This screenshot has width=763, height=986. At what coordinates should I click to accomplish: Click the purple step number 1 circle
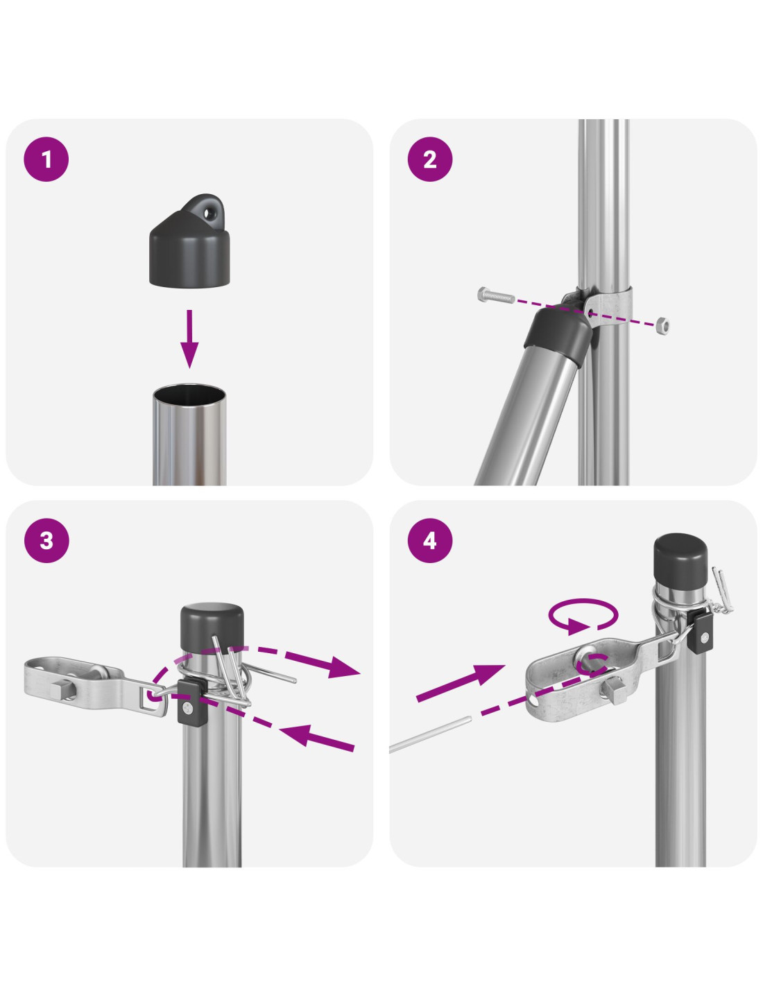coord(46,159)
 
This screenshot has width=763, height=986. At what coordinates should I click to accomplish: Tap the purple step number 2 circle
coord(430,159)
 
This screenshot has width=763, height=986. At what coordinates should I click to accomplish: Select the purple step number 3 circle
coord(46,540)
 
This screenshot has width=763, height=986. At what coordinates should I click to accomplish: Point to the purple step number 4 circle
coord(430,540)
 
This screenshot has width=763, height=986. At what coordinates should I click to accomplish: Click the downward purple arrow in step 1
coord(189,338)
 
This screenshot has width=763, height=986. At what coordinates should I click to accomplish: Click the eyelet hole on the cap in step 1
coord(209,212)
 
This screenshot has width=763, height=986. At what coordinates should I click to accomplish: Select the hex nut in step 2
coord(662,325)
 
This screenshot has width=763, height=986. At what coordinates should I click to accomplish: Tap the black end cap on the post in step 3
coord(212,625)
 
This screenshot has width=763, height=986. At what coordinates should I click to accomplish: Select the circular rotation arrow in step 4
coord(583,616)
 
